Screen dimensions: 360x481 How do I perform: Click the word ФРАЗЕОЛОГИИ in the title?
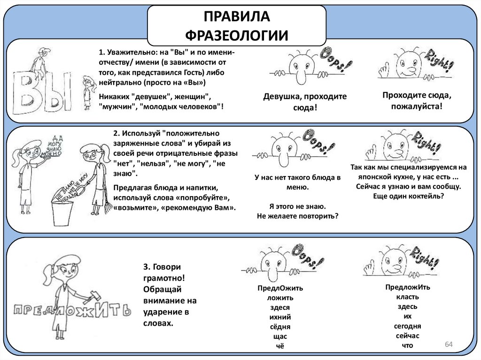(236, 34)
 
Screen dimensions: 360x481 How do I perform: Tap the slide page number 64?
(448, 345)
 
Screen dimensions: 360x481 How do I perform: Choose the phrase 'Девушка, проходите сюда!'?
(304, 102)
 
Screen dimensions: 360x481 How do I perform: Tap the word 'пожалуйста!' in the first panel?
(418, 106)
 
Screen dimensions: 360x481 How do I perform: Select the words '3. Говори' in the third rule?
(162, 267)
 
